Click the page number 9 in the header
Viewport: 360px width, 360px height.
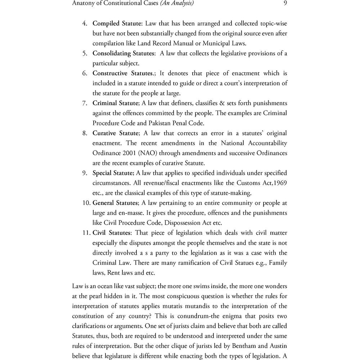point(284,4)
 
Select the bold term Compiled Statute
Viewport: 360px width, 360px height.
point(117,24)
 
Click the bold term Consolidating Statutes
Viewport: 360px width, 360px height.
point(124,54)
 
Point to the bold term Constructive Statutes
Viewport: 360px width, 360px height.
point(123,73)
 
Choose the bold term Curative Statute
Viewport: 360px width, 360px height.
point(115,133)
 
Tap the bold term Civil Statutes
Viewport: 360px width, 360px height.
point(111,233)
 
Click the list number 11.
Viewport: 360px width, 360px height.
point(86,233)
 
